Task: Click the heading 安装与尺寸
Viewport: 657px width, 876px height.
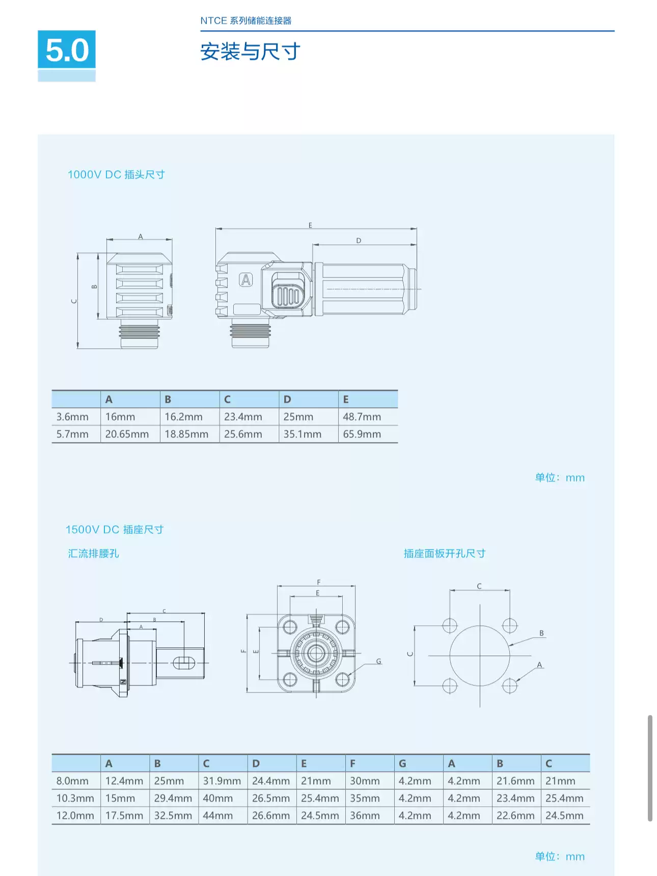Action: [250, 51]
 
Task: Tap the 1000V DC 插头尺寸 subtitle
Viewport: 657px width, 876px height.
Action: [116, 175]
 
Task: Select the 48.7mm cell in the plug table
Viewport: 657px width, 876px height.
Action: [362, 417]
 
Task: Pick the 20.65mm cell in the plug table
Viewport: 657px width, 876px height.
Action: [127, 434]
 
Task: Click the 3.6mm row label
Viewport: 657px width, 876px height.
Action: [72, 417]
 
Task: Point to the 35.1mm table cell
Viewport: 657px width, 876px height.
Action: [303, 434]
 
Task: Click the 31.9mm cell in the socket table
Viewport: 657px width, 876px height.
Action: [222, 781]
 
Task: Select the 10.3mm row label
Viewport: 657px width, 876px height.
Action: [75, 798]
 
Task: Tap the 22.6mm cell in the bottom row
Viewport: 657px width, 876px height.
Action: [515, 815]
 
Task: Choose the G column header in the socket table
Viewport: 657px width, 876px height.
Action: [402, 763]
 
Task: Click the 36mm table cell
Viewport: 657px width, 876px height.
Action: [365, 815]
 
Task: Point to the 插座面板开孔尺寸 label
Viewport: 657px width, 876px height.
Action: [444, 554]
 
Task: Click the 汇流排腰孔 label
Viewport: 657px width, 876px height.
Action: [93, 554]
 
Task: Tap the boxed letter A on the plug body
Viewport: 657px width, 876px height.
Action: [246, 280]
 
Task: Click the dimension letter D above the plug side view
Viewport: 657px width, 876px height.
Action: [359, 240]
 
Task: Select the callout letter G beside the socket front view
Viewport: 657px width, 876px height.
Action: [378, 661]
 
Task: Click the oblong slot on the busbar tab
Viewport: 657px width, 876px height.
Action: [184, 663]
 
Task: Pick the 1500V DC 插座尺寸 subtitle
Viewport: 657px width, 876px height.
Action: [115, 530]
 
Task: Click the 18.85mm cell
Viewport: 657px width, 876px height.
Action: [186, 434]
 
